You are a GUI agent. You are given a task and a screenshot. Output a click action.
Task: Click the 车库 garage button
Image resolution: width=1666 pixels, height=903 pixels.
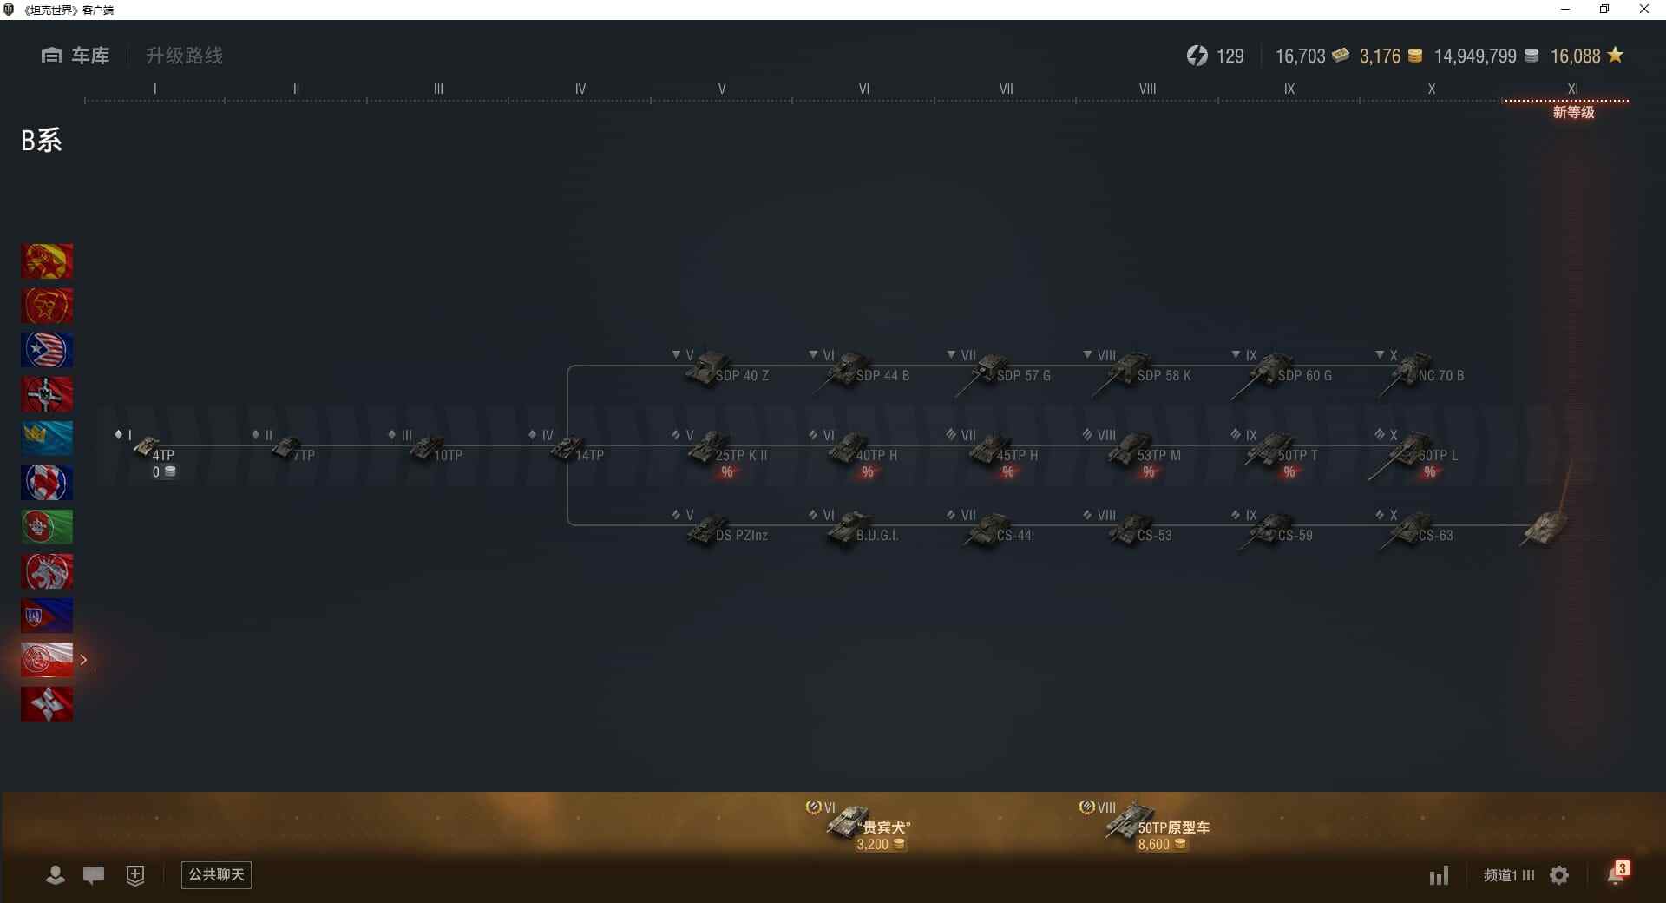[x=75, y=56]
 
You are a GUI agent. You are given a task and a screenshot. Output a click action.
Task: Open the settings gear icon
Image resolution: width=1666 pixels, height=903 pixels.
[x=1559, y=875]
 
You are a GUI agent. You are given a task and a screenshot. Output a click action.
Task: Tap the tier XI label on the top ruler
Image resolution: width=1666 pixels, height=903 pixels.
[x=1572, y=89]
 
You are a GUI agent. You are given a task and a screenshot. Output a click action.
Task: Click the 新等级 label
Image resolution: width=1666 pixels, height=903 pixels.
[x=1573, y=112]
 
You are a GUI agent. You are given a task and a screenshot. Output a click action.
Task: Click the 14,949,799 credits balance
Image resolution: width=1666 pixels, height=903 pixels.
[x=1475, y=56]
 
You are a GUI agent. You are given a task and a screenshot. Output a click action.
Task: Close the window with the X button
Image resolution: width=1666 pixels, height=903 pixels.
[x=1643, y=10]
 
